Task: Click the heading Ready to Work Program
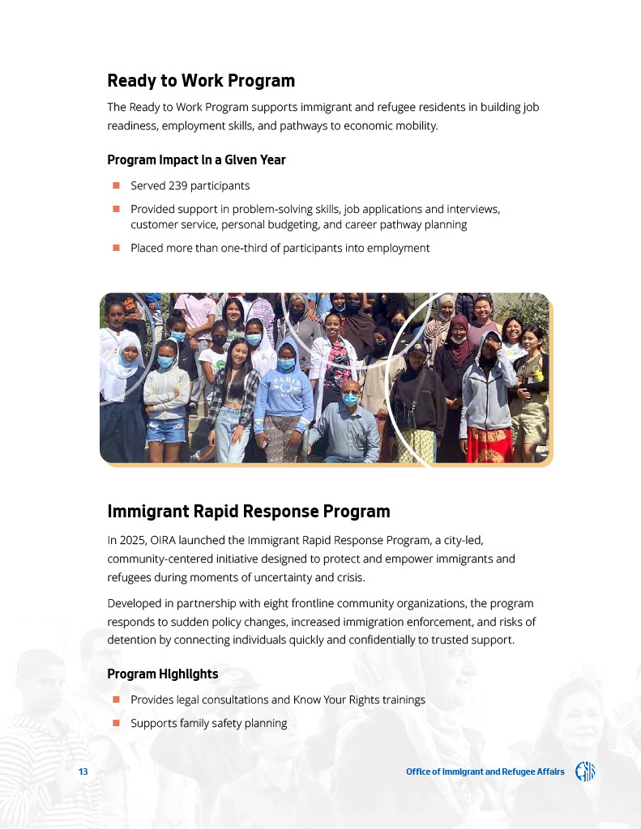click(200, 81)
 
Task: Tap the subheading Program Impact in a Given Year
click(196, 159)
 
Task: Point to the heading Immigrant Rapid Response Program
click(248, 512)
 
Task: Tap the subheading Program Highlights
click(162, 674)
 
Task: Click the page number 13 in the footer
click(83, 772)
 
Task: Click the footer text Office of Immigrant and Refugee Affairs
click(485, 772)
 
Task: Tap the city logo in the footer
click(585, 772)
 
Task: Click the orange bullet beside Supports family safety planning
click(116, 722)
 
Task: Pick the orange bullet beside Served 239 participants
click(116, 185)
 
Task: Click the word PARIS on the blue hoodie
click(284, 380)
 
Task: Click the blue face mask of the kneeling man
click(350, 398)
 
